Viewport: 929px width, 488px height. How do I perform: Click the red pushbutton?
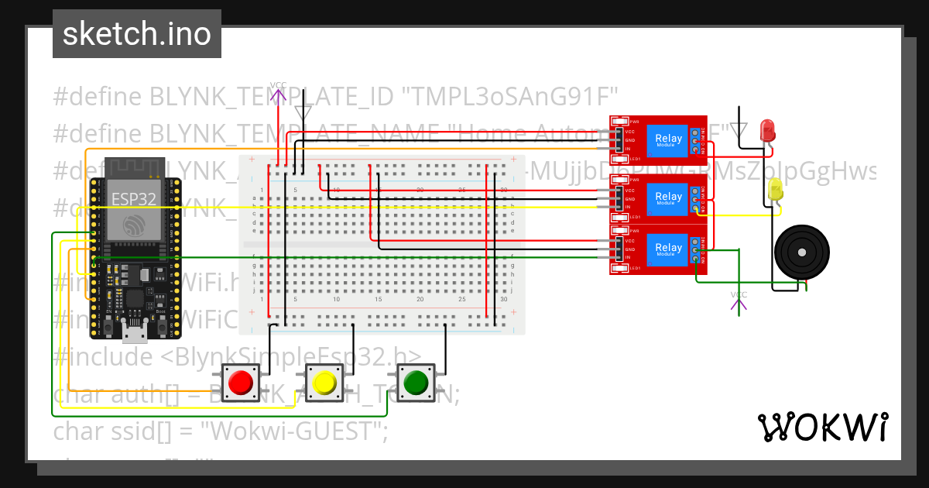pos(241,382)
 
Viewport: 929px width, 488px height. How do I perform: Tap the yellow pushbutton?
pos(324,382)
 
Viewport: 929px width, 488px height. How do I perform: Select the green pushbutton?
pos(416,382)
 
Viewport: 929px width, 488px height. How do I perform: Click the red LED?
pos(768,129)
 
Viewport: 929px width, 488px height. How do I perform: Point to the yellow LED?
pos(776,189)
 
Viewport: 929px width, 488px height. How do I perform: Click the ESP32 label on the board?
pos(134,198)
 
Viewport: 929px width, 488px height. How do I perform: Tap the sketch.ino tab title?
pos(136,34)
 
